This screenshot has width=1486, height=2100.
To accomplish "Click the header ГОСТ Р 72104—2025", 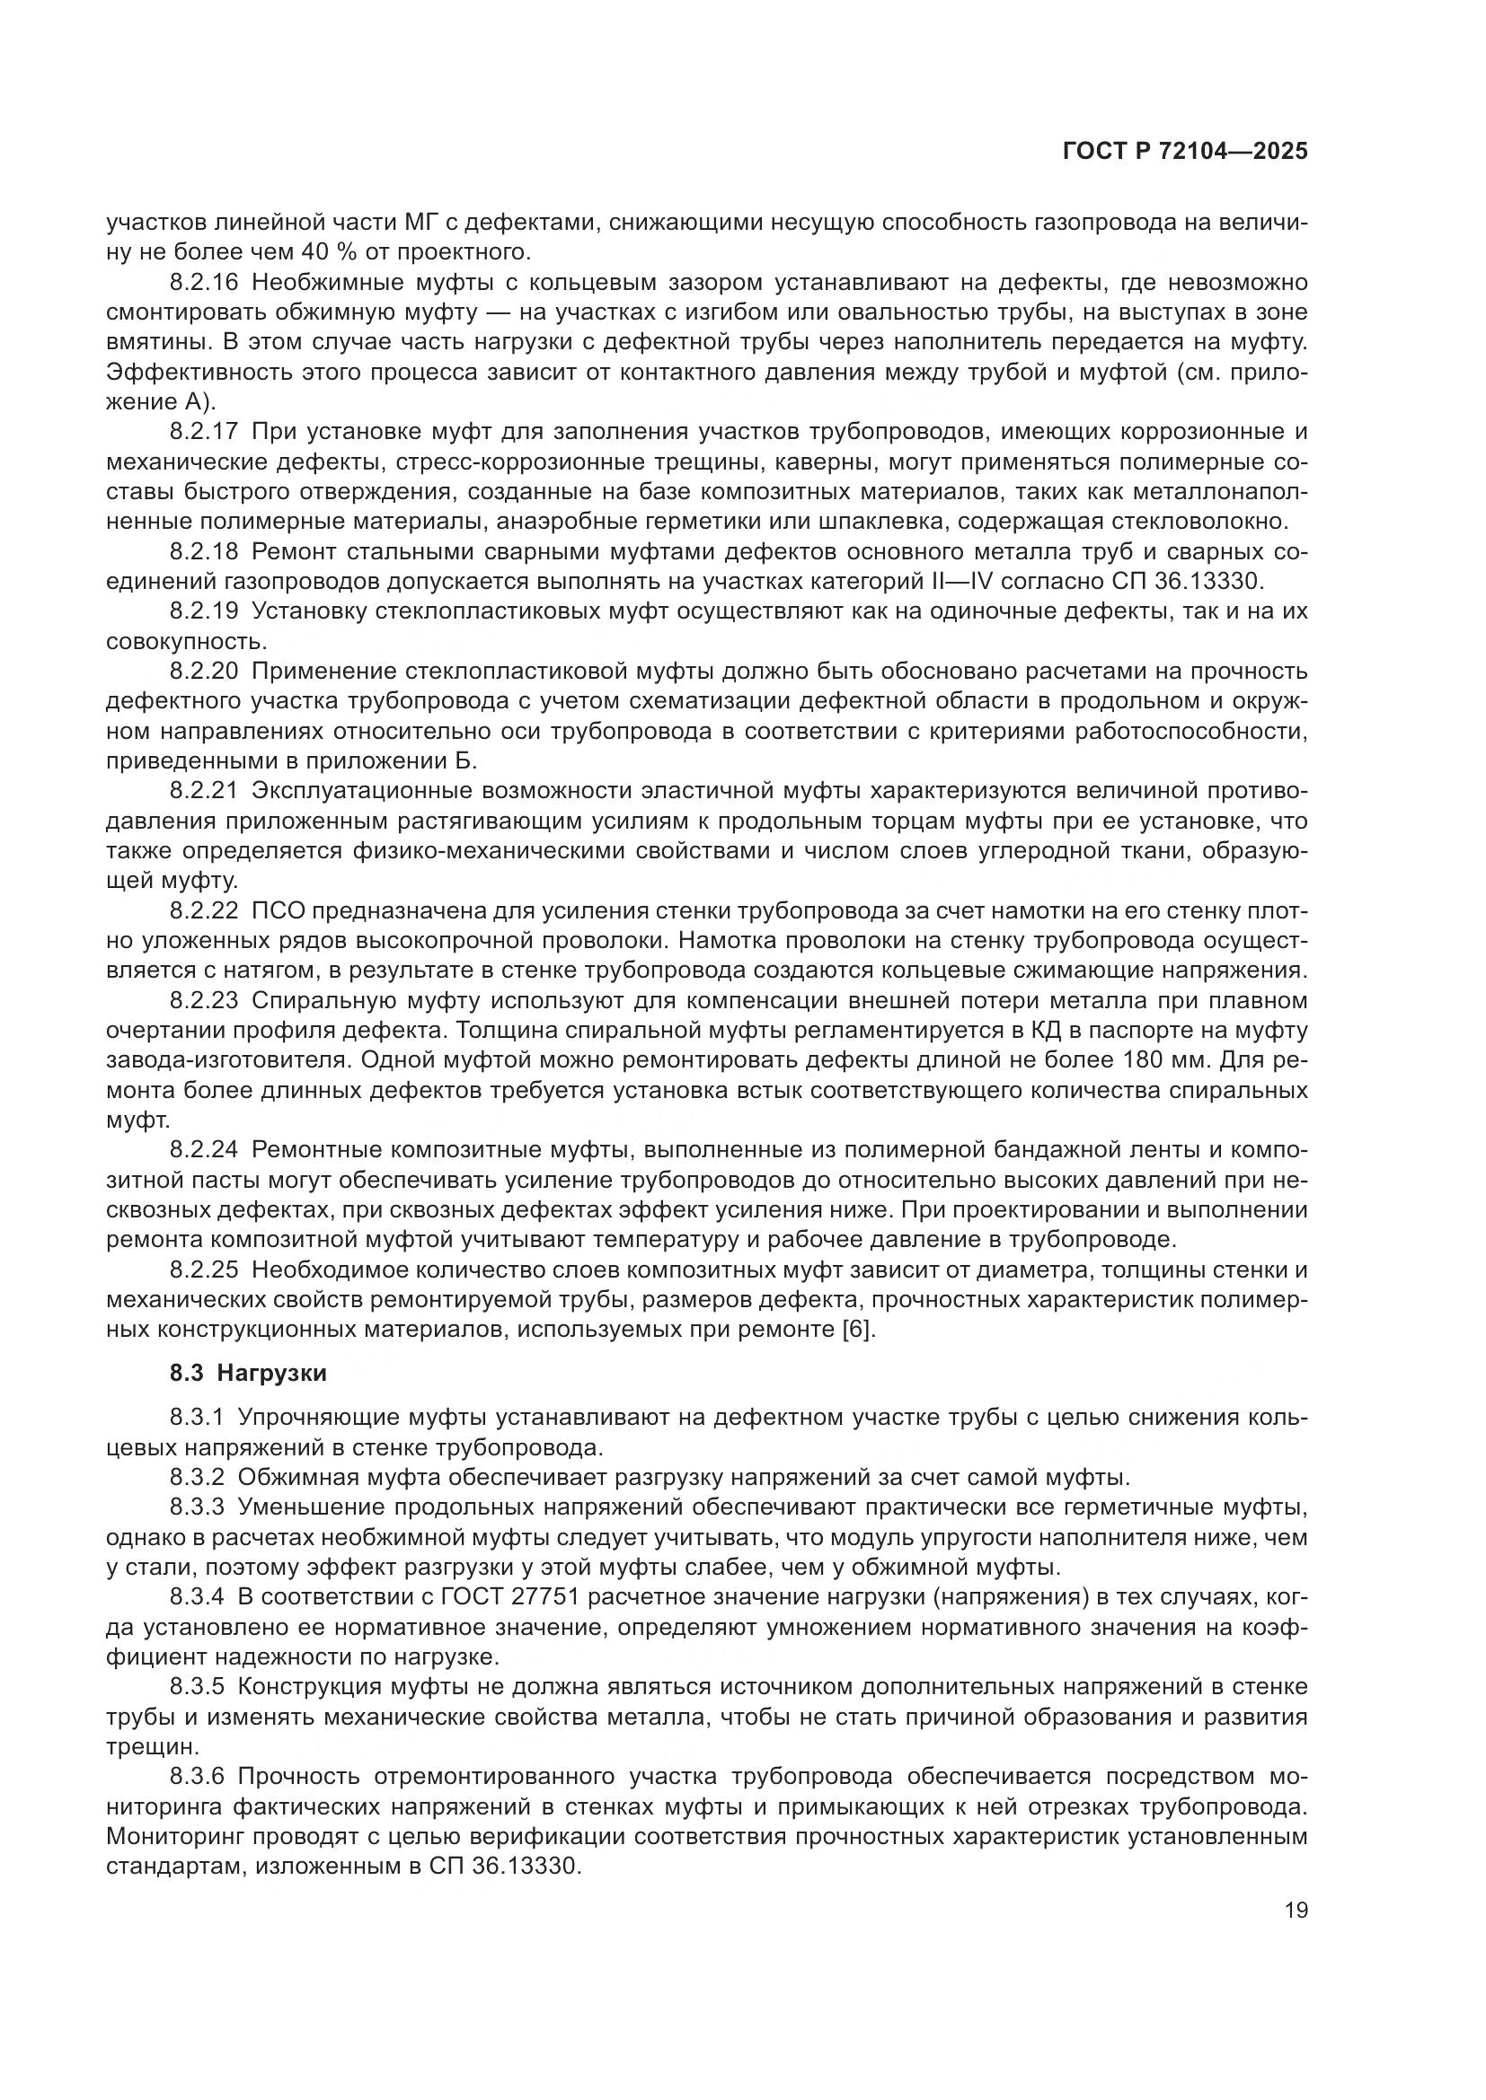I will (x=1184, y=152).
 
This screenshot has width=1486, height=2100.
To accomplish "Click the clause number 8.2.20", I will (x=203, y=672).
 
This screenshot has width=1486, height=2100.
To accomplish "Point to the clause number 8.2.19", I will (x=203, y=611).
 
